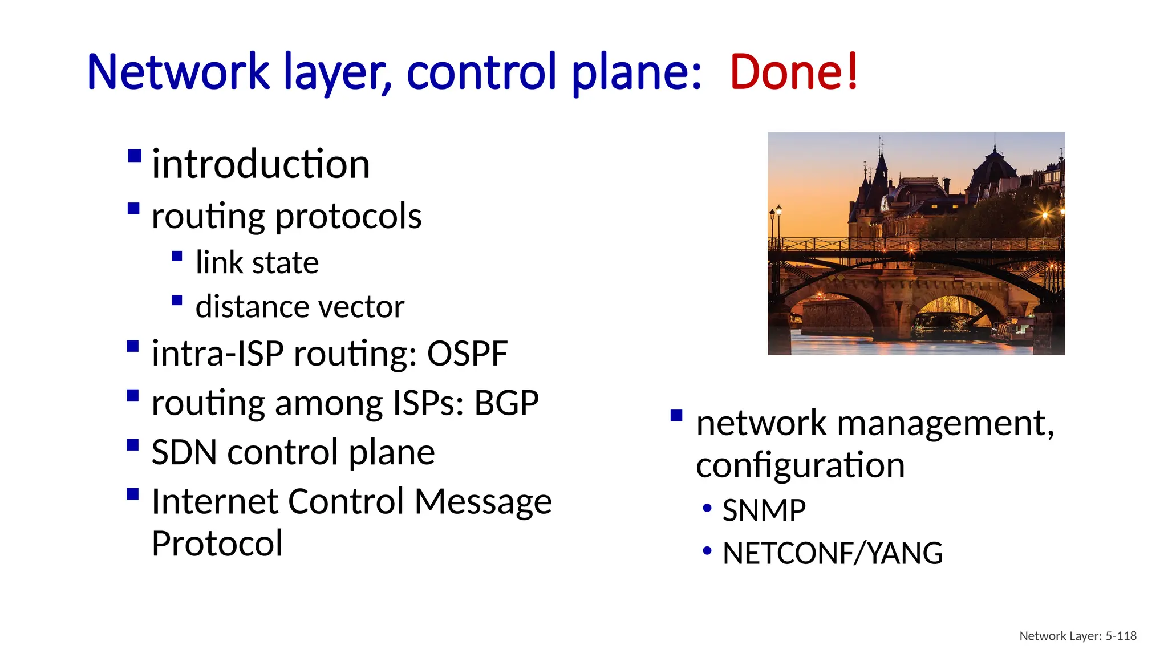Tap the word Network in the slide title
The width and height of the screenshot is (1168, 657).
point(178,72)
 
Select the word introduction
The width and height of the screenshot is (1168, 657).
point(261,164)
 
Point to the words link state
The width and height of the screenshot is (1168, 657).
point(257,263)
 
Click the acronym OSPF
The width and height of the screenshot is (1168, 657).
point(467,354)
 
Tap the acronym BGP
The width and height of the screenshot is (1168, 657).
point(506,403)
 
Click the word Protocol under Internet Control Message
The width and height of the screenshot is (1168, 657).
point(217,544)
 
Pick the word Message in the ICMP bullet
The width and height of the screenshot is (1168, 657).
point(482,502)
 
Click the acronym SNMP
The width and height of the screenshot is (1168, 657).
point(764,510)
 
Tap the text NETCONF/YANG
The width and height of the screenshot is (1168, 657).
point(832,553)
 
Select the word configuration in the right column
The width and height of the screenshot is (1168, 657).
point(800,465)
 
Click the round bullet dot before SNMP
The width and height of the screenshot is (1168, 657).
point(707,508)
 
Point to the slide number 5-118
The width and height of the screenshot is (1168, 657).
point(1121,636)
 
